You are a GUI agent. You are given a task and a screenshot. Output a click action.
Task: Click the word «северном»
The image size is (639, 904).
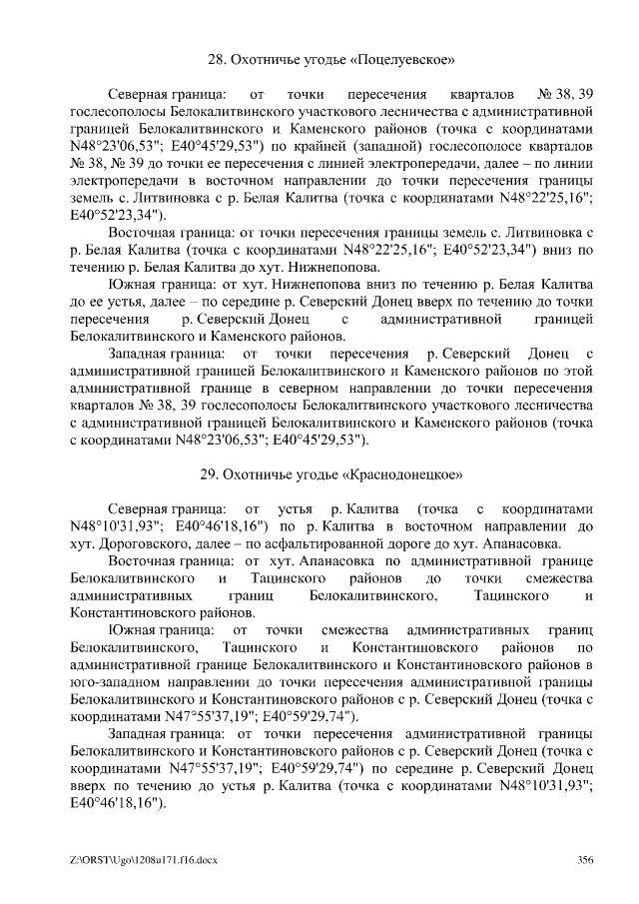[x=352, y=388]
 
